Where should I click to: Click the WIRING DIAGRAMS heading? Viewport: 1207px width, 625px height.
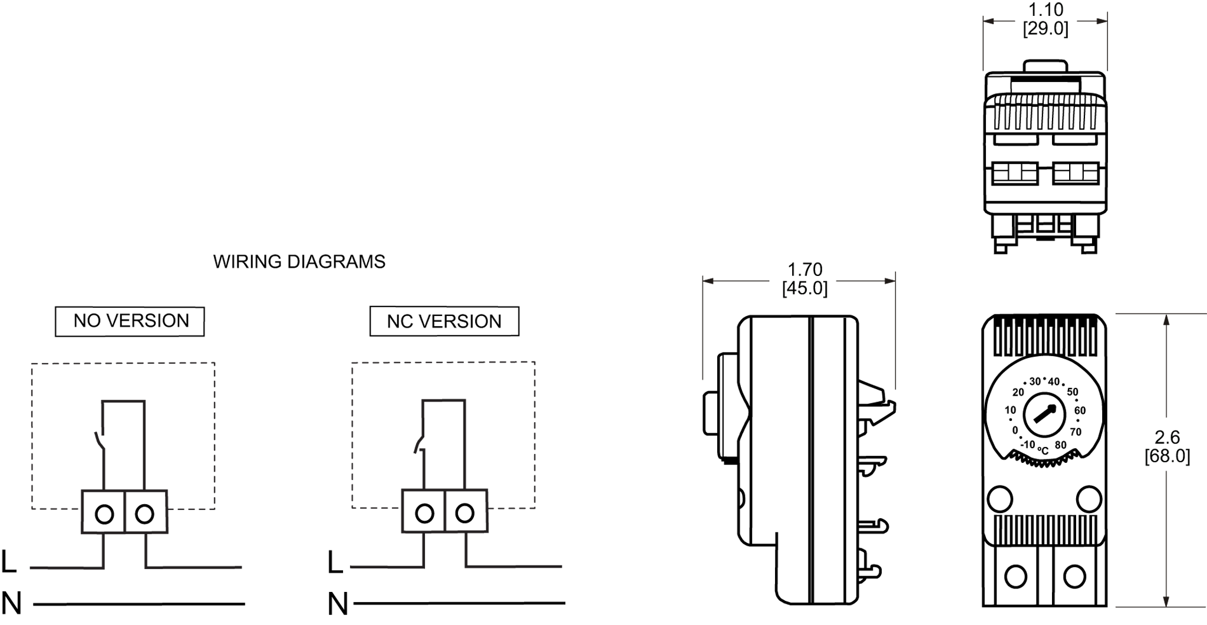299,262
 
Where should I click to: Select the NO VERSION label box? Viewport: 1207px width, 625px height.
130,321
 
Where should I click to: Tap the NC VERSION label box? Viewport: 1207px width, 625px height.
444,321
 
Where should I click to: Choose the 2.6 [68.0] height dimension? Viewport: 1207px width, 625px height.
1167,446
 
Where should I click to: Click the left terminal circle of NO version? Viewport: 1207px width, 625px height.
104,514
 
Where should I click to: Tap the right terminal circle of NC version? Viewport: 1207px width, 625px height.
465,513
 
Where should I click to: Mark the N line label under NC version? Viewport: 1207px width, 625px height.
337,604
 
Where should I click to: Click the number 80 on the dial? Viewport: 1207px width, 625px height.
1060,445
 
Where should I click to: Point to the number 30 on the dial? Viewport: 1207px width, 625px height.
1035,381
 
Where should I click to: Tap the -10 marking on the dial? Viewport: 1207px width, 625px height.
1028,444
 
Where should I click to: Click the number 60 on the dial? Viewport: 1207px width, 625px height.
1080,410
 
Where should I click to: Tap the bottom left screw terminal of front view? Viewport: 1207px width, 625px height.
1015,576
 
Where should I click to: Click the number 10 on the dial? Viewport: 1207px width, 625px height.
1010,410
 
